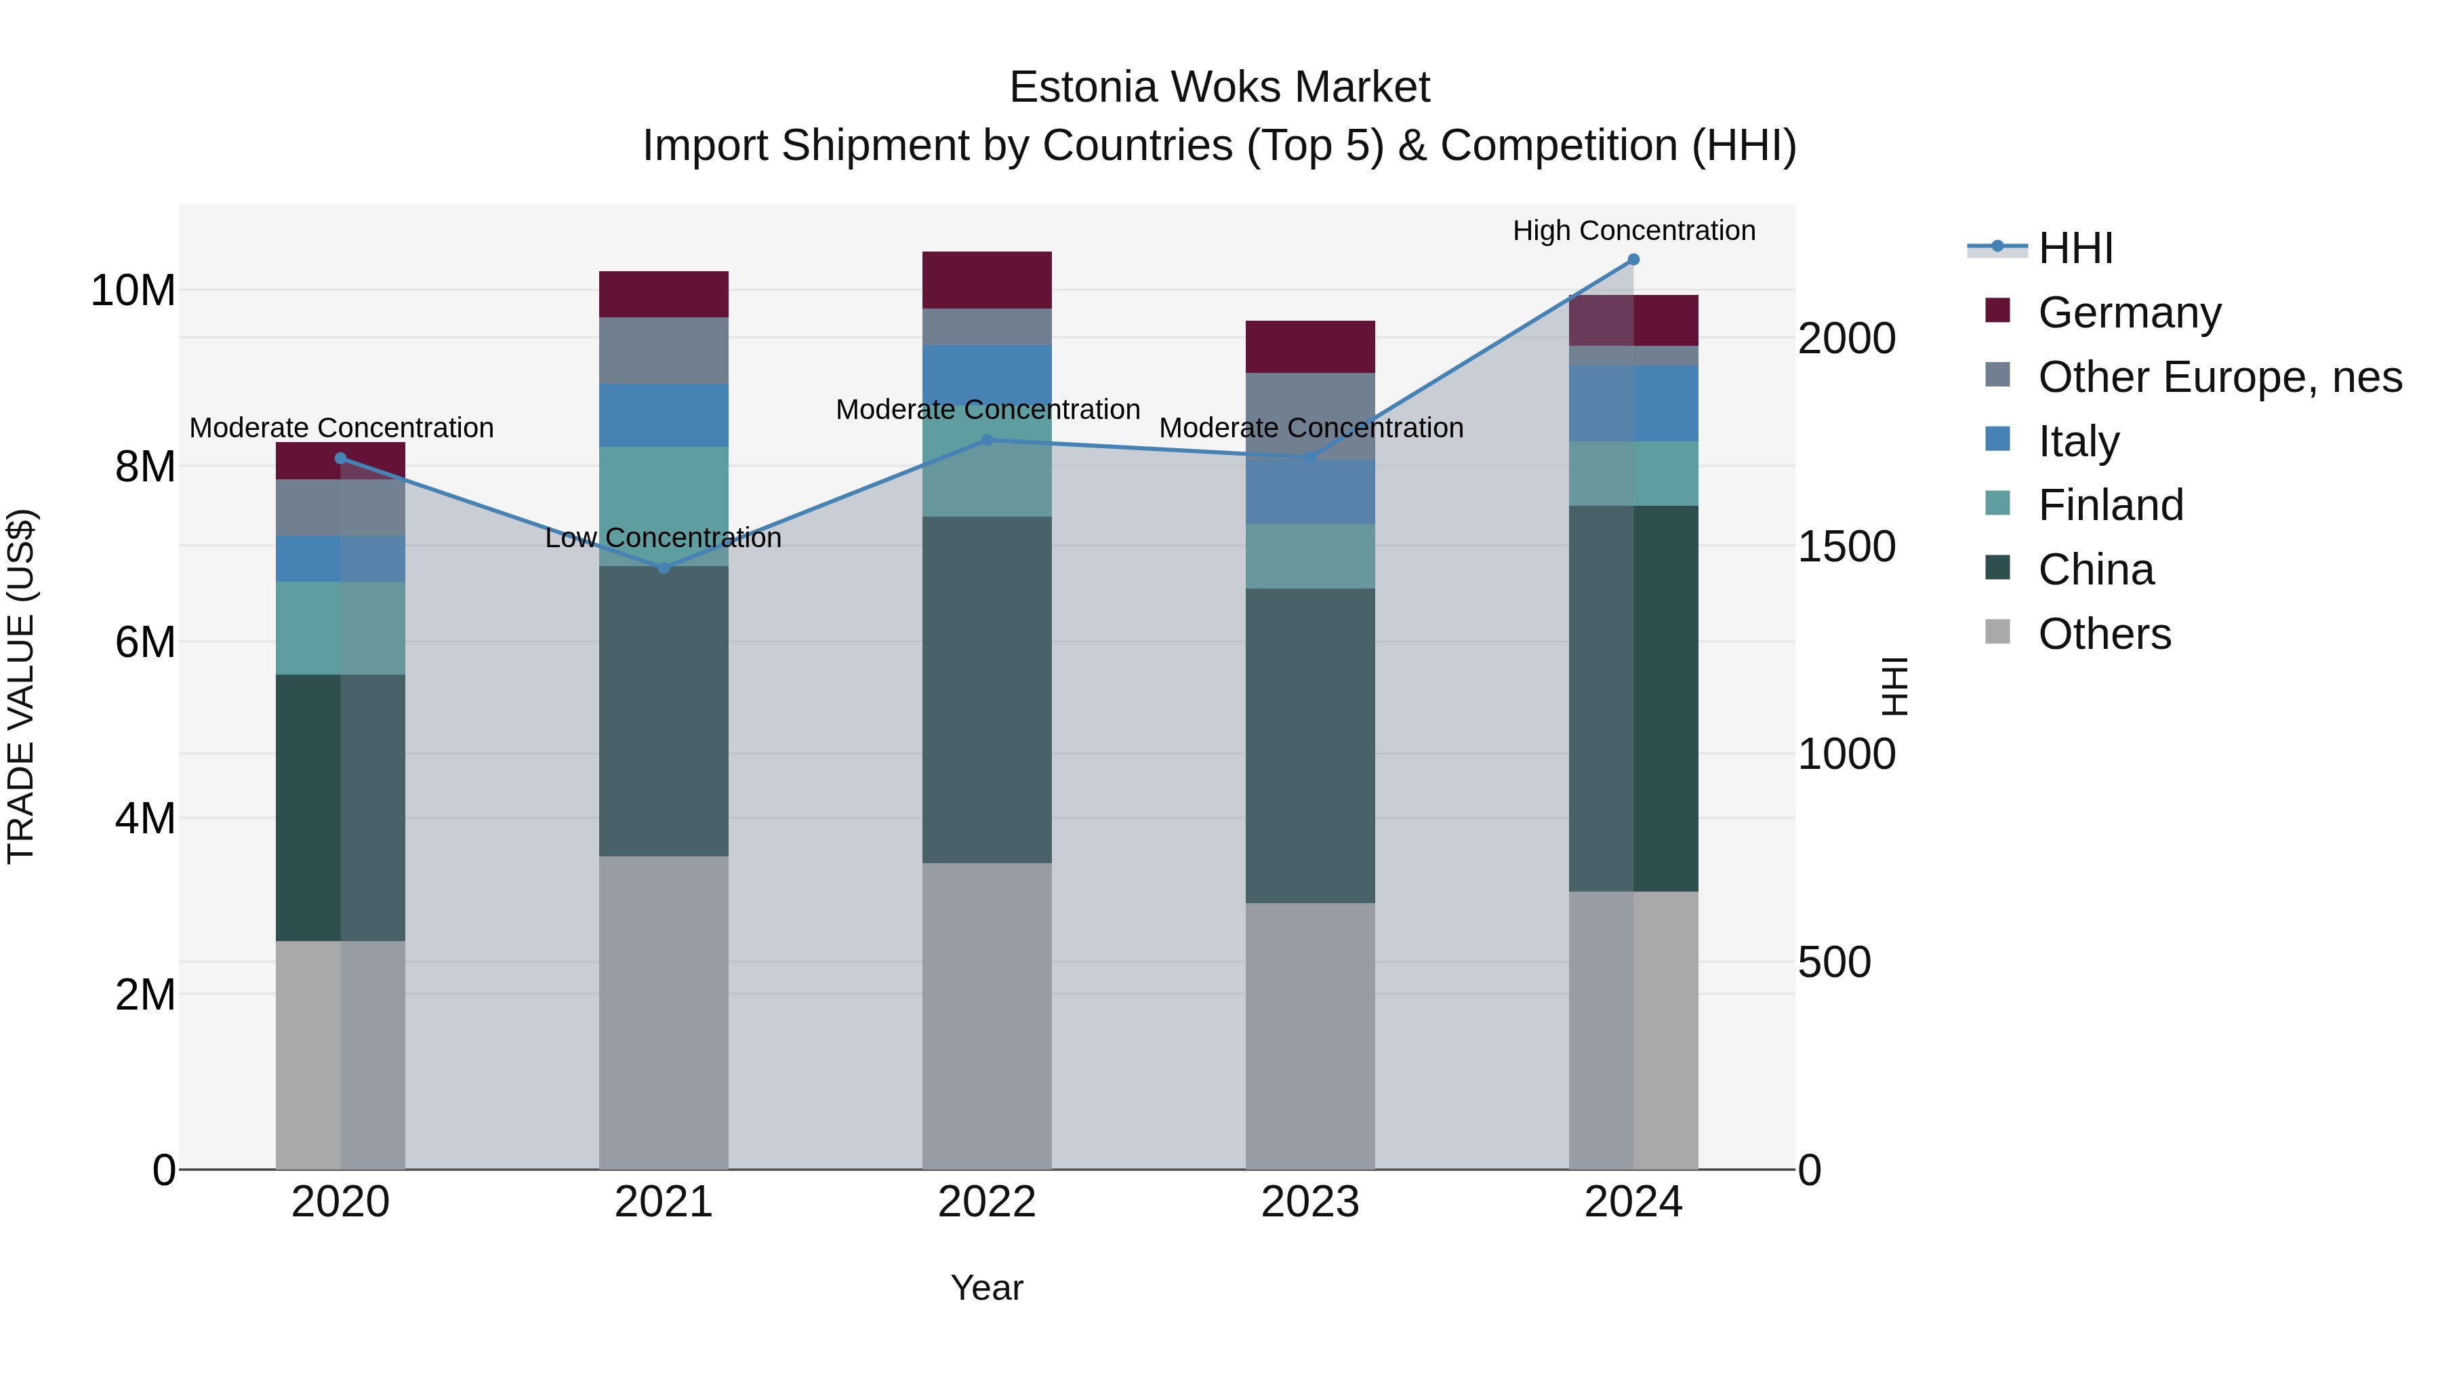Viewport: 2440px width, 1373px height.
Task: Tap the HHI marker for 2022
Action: pos(986,439)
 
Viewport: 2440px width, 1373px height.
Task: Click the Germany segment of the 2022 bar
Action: pos(986,281)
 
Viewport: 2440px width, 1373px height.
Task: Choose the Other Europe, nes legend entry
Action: pos(2218,377)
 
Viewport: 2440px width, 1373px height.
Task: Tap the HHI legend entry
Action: pos(2075,248)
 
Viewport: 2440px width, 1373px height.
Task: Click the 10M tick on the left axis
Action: pos(133,290)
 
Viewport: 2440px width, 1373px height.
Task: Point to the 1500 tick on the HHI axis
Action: pos(1846,546)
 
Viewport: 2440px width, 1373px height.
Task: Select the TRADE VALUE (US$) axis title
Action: pos(21,686)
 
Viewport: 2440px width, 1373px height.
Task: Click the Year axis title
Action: pos(986,1288)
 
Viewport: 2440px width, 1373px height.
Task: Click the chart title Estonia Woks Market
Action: pos(1219,87)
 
